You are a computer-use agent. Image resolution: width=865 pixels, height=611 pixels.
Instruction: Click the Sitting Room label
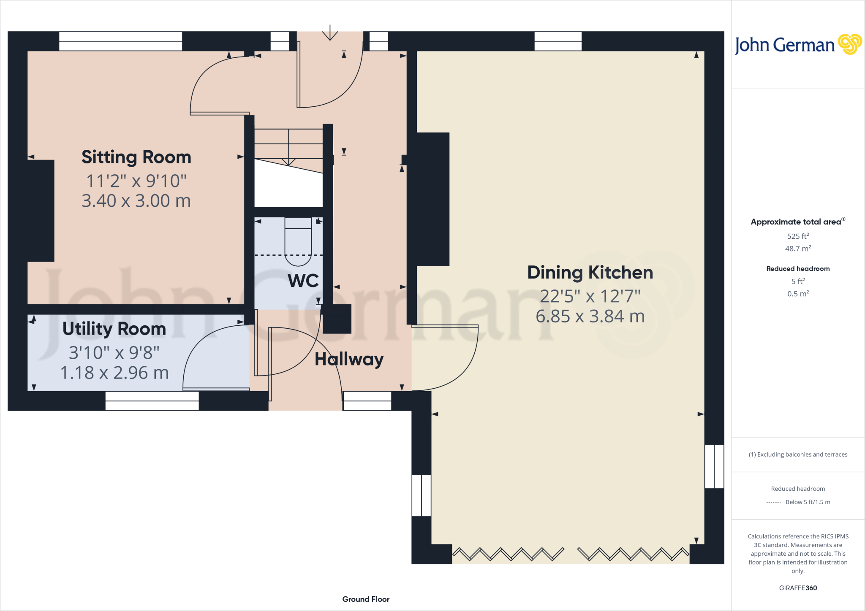point(136,157)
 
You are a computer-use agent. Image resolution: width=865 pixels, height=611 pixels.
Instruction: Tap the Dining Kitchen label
point(590,273)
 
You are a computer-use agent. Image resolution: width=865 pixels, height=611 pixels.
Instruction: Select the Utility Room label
point(114,329)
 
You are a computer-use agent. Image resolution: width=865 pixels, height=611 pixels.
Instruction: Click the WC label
point(303,281)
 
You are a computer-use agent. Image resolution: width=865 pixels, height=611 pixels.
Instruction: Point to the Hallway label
point(349,360)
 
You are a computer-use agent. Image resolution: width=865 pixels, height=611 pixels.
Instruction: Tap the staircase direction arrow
point(288,160)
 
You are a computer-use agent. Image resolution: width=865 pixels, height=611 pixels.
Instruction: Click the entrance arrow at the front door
point(330,33)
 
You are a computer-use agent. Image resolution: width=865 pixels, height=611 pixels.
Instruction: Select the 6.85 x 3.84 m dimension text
point(590,316)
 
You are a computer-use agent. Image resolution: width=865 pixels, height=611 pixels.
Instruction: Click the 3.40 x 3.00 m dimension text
point(136,201)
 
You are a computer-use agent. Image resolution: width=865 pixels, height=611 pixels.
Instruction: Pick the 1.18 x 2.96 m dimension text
point(114,373)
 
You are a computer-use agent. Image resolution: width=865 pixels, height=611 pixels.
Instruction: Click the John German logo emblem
point(849,44)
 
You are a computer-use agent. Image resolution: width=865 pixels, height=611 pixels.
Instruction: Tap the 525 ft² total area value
point(798,236)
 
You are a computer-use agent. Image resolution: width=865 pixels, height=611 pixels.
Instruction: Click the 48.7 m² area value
point(798,249)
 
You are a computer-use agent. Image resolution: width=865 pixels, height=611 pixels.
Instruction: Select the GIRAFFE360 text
point(798,588)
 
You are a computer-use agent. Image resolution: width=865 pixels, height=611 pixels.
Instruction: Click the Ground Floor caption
point(366,599)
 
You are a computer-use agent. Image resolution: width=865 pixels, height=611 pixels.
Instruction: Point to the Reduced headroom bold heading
point(798,269)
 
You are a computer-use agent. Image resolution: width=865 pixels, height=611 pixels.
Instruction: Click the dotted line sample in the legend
point(773,503)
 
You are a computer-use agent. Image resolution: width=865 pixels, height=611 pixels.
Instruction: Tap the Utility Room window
point(152,401)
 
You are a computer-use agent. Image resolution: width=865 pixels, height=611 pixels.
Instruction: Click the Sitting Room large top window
point(120,41)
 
